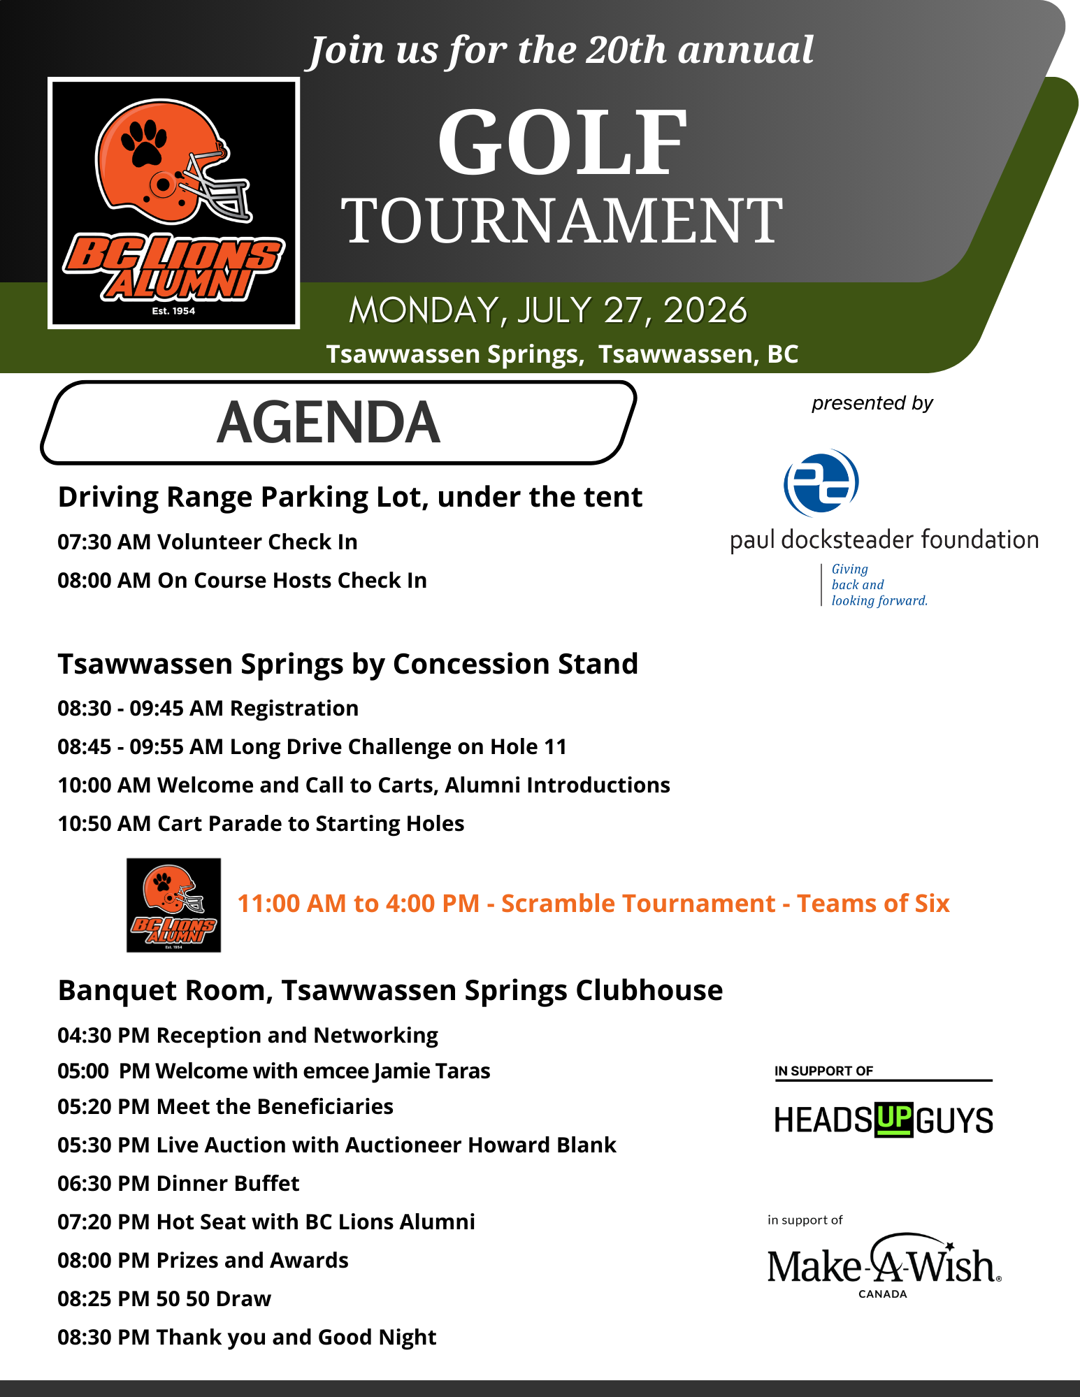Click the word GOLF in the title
[563, 143]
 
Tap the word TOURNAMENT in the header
[563, 221]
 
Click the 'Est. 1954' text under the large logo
[173, 311]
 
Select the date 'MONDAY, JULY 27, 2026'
[548, 311]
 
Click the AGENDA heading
[329, 423]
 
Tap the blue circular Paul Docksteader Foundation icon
[821, 483]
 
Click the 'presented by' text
[872, 403]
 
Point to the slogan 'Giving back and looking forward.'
[879, 585]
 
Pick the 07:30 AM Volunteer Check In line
[208, 542]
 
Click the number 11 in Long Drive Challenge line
[555, 747]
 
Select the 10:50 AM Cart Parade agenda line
[261, 824]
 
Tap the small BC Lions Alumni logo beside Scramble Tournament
[173, 905]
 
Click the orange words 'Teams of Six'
[873, 904]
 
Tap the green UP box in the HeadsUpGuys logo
[893, 1119]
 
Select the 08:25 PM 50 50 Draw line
[164, 1299]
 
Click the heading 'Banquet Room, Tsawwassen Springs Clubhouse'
[390, 991]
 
